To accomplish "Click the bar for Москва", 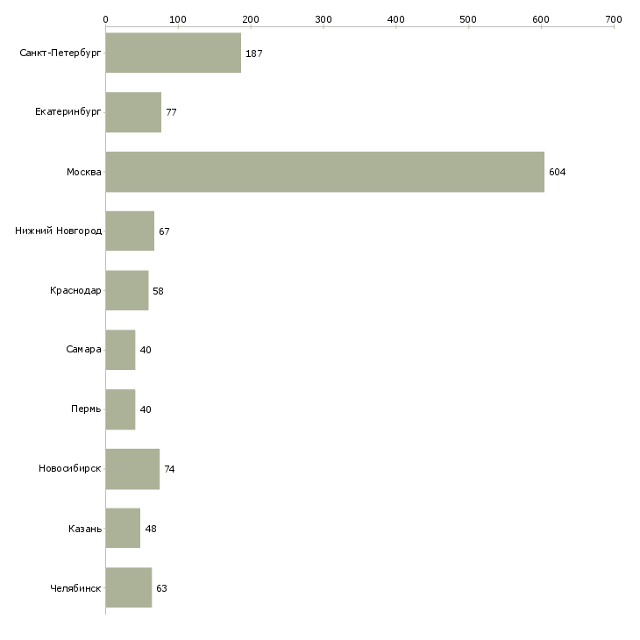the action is click(x=325, y=172).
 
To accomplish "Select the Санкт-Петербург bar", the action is click(x=174, y=53).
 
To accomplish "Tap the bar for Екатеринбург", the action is click(x=133, y=112).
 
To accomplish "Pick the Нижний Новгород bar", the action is click(x=130, y=231).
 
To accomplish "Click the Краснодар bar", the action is click(x=127, y=290).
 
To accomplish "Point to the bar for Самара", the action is click(x=120, y=350).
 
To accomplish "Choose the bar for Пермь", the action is click(x=120, y=409).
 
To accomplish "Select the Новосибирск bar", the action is click(x=132, y=469).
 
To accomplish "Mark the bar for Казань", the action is click(x=123, y=528).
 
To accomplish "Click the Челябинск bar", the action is click(x=129, y=587).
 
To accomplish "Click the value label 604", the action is click(x=557, y=172).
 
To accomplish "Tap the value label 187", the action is click(x=254, y=53).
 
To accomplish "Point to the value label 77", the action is click(x=172, y=112).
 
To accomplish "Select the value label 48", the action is click(x=151, y=529).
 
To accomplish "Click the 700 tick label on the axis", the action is click(x=614, y=19).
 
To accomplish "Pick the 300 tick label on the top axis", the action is click(x=324, y=19).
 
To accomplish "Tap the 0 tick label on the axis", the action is click(x=106, y=19).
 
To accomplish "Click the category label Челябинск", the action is click(x=75, y=588).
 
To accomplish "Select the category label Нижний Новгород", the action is click(x=59, y=231).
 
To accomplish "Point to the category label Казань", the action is click(x=85, y=529).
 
